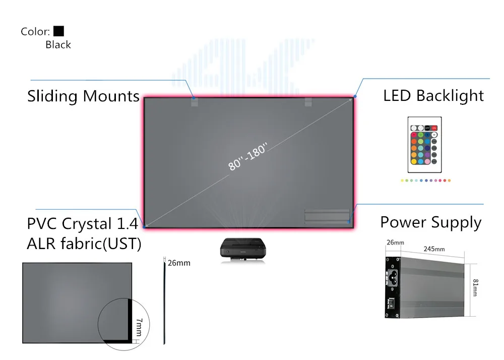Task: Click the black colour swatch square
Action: point(58,31)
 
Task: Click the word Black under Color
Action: point(58,45)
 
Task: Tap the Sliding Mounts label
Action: point(83,96)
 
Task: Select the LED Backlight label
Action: point(433,96)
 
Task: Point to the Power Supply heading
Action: point(430,222)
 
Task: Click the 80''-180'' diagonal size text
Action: point(247,156)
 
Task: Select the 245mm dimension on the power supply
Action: point(433,249)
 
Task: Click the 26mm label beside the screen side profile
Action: point(179,263)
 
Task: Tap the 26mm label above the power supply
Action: point(395,243)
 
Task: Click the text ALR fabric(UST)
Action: point(84,244)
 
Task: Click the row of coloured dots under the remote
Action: point(425,180)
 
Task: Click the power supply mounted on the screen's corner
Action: point(327,217)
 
